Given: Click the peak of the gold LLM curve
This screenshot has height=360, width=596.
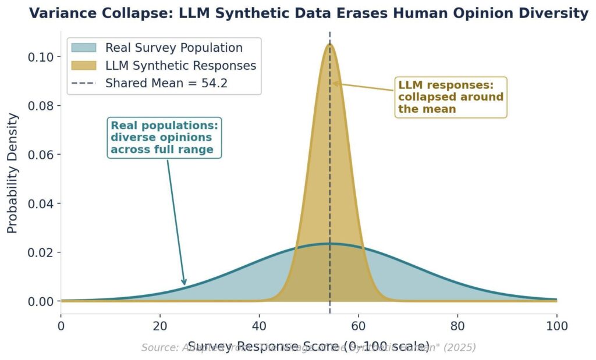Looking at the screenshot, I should click(329, 44).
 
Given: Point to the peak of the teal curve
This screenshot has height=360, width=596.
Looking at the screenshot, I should click(329, 244).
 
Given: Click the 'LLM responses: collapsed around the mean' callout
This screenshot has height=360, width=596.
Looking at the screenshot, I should click(450, 97).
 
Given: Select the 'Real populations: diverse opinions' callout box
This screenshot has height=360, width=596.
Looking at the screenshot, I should click(165, 138).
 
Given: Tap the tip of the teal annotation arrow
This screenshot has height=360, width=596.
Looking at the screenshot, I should click(185, 286).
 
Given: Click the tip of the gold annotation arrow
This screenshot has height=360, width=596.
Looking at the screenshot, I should click(333, 83).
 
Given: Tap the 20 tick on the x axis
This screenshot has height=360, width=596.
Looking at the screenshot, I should click(160, 325).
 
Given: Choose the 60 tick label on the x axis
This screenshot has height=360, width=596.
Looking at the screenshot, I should click(359, 325).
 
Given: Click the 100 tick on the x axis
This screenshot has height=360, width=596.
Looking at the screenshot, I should click(557, 325).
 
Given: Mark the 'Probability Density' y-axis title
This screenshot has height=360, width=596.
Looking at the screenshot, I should click(13, 173).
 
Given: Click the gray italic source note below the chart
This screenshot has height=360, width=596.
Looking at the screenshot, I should click(308, 348).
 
